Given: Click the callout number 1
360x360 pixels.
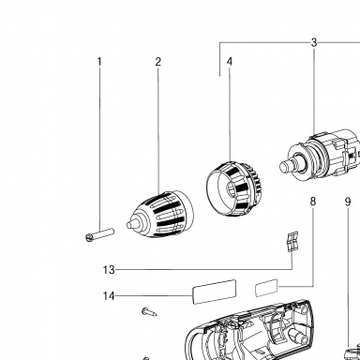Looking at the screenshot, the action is pyautogui.click(x=99, y=62).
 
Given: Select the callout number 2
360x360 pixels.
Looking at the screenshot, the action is pyautogui.click(x=158, y=62).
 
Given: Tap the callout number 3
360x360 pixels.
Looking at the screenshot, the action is pyautogui.click(x=314, y=42).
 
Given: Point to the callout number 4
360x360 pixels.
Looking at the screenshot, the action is pyautogui.click(x=230, y=61).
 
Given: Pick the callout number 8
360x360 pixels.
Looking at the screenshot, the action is pyautogui.click(x=313, y=202).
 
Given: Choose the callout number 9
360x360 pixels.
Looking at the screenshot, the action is pyautogui.click(x=348, y=202).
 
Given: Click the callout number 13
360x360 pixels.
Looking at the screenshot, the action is pyautogui.click(x=109, y=270).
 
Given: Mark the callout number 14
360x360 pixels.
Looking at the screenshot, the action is pyautogui.click(x=109, y=295).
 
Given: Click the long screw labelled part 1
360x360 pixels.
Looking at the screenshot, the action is pyautogui.click(x=99, y=235).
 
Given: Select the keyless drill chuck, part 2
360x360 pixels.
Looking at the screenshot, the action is pyautogui.click(x=160, y=215).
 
